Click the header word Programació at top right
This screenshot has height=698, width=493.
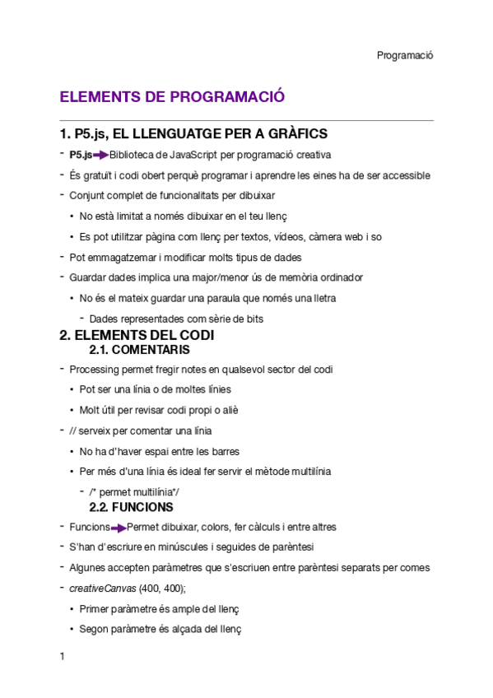[405, 55]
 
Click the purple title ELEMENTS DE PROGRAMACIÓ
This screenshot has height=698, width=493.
[172, 97]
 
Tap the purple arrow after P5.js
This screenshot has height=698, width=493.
[100, 155]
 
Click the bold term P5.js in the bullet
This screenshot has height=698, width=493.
[80, 155]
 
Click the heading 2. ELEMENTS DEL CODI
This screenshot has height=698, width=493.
[137, 336]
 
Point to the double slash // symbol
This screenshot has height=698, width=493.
[73, 430]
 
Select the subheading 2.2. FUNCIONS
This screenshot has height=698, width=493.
[131, 507]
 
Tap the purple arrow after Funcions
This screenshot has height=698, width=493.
[119, 528]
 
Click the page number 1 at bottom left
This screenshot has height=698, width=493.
[62, 657]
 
